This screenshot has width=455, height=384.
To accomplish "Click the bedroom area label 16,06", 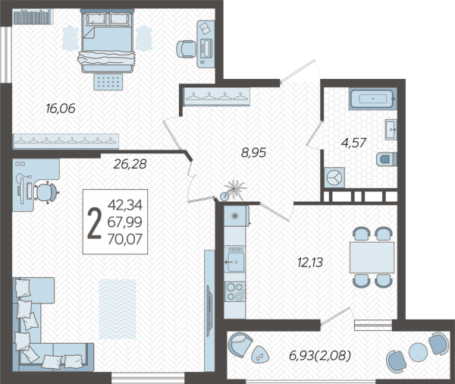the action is point(61,109).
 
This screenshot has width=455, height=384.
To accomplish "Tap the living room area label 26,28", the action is point(130,164).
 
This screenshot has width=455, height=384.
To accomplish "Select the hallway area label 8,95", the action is point(253,153).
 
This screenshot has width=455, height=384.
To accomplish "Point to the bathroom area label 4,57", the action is point(353,143).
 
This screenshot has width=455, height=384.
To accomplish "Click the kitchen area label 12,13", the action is point(310,263).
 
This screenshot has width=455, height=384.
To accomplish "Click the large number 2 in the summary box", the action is point(94,223).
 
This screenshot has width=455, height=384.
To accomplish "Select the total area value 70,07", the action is point(125,239).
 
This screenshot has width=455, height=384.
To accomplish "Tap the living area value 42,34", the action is point(125,205).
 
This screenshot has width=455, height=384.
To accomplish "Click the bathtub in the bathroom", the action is point(372,99).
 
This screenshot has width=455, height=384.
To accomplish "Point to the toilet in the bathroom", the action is point(387,159).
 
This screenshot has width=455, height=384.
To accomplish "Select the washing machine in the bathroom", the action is point(334,177).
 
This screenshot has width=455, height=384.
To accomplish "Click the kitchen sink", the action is point(235,259).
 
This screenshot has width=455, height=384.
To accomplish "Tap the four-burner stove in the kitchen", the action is point(235,291).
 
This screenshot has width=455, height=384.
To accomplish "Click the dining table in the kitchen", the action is point(372,257).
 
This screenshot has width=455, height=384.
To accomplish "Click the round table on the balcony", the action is point(418,352).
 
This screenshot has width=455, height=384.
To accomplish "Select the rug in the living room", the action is point(118,310).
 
